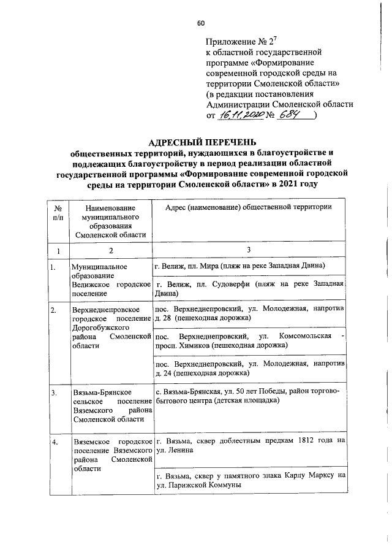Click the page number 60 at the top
(x=200, y=23)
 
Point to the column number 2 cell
(x=110, y=250)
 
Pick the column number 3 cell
(x=249, y=250)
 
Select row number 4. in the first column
(x=55, y=442)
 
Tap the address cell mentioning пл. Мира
(x=248, y=266)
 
